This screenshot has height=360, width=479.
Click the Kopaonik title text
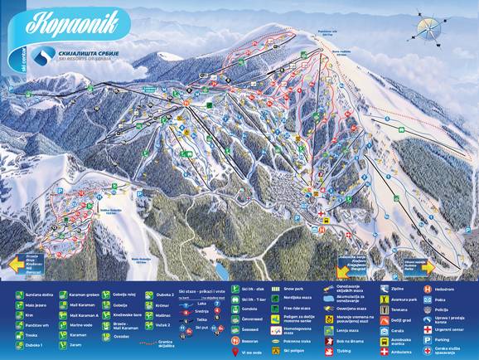(x=73, y=22)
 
